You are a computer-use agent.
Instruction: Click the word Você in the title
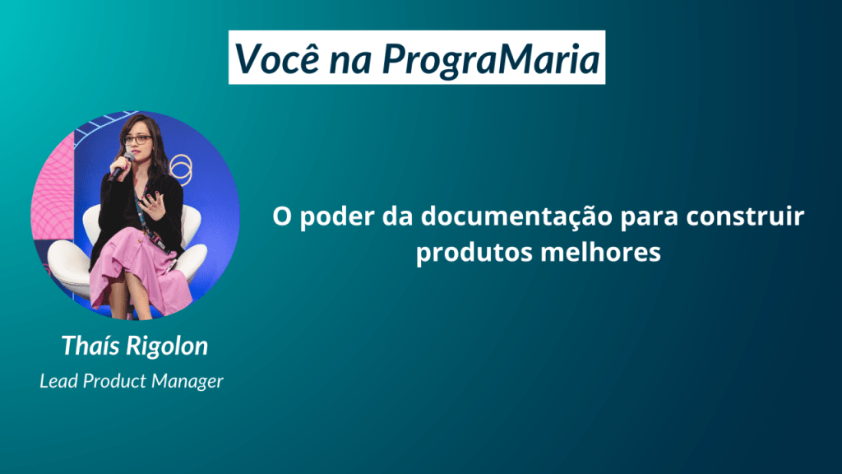coord(277,58)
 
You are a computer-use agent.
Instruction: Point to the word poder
coord(336,217)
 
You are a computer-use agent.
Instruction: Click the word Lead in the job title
coord(58,381)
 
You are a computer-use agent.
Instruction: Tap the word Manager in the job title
coord(187,382)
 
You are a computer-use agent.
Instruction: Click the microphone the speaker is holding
coord(122,166)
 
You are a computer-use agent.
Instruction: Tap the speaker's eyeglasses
coord(138,140)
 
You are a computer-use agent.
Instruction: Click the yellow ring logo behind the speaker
coord(181,169)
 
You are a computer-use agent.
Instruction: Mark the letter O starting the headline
coord(281,216)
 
